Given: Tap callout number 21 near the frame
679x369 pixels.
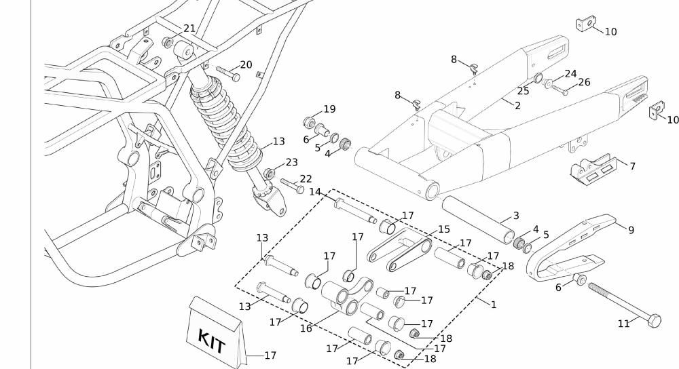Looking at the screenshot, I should [189, 28].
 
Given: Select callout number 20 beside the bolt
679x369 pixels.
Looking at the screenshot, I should [246, 65].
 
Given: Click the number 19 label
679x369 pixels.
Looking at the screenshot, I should [329, 109].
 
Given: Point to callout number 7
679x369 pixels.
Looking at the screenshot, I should [632, 166].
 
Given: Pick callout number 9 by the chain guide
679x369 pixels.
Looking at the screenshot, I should [631, 230].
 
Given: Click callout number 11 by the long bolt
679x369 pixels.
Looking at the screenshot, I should [624, 324].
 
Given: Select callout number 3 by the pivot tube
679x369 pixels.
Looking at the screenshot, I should [516, 216].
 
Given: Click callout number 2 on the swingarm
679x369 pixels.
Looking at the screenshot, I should [517, 106].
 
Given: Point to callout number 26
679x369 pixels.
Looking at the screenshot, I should [584, 82].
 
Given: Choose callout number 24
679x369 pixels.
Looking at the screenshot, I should [570, 74].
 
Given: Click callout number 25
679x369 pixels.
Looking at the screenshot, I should [523, 91].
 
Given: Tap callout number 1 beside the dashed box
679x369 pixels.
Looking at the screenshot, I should [494, 305].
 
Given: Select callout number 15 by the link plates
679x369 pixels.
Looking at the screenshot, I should [444, 229].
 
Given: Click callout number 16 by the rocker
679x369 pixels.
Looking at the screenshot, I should [306, 328].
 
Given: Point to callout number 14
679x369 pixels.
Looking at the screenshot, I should [315, 192].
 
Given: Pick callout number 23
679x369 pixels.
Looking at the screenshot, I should [291, 162].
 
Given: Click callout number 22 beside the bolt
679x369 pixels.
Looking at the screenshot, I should [306, 178].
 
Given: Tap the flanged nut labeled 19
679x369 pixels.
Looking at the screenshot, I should [307, 123].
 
